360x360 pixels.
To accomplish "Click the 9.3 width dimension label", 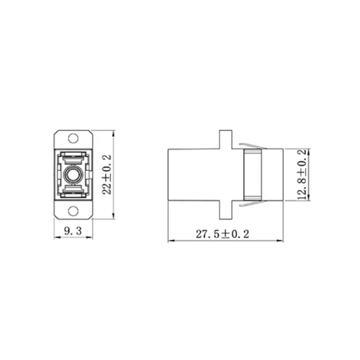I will click(x=72, y=232).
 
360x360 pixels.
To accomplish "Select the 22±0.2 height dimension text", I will click(x=107, y=174).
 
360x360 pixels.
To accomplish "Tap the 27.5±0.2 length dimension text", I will click(x=222, y=234).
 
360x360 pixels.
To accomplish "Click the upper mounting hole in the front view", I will click(x=73, y=138).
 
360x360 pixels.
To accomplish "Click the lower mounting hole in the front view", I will click(x=73, y=211).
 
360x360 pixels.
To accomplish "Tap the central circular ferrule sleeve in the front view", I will click(x=73, y=174).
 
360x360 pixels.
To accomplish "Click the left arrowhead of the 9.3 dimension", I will click(x=56, y=238).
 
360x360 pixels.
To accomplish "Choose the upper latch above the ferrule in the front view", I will click(x=73, y=157).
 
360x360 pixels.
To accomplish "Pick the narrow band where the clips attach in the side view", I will click(x=253, y=174).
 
